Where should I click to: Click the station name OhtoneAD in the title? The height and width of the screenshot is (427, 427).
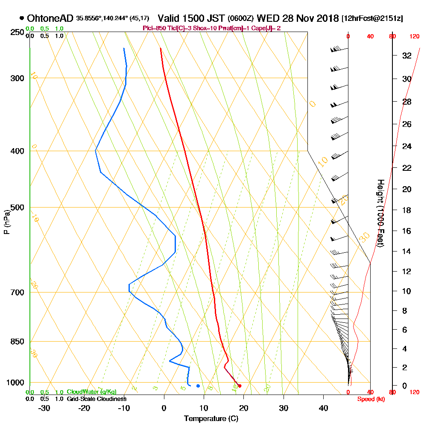tap(50, 18)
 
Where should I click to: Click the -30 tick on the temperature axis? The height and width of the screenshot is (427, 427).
tap(44, 408)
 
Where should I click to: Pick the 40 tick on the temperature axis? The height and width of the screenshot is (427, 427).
tap(324, 408)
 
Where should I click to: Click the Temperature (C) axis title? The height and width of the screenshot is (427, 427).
tap(211, 419)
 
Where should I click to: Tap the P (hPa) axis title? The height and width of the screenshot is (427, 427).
tap(6, 222)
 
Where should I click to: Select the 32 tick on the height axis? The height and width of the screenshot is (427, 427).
tap(407, 56)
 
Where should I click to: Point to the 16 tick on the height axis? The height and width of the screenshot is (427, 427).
tap(407, 231)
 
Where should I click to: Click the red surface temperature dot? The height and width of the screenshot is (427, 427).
tap(240, 386)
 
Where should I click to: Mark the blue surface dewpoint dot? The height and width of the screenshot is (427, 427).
tap(198, 386)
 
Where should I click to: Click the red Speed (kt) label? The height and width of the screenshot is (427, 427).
tap(370, 399)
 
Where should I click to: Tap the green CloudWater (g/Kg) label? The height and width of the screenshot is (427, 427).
tap(91, 392)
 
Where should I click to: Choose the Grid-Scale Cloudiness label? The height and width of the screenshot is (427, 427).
tap(96, 399)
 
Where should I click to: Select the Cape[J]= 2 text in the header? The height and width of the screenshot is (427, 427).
tap(267, 28)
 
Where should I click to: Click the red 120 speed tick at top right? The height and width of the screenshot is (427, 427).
tap(414, 37)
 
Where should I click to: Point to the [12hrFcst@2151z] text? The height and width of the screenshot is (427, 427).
tap(372, 19)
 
